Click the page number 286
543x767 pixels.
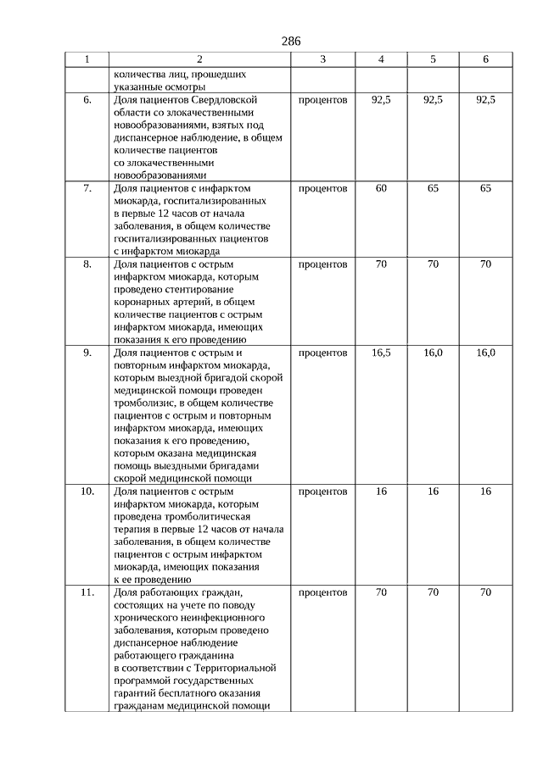click(x=290, y=41)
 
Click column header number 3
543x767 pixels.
click(x=322, y=59)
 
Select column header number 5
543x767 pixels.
click(x=433, y=59)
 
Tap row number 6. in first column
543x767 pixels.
click(x=87, y=100)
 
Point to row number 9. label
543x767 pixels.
click(x=87, y=352)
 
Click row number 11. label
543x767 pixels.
click(x=87, y=592)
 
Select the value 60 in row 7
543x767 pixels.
click(x=381, y=188)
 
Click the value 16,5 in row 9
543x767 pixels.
click(x=381, y=352)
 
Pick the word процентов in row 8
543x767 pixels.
click(x=322, y=264)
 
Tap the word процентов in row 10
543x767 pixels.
click(x=322, y=492)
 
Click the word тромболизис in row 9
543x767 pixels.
click(x=141, y=403)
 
